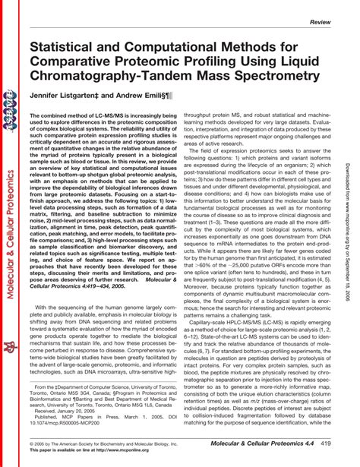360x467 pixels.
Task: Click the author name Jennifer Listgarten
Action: click(x=74, y=97)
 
